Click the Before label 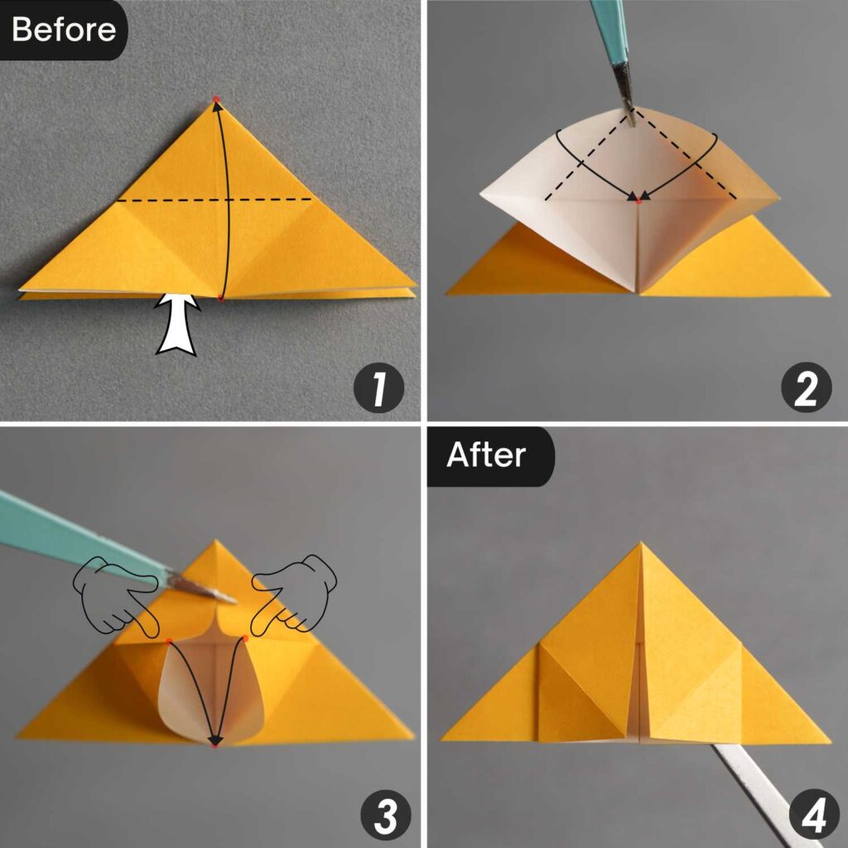tap(64, 29)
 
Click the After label tap(486, 455)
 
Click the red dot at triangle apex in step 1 tap(216, 99)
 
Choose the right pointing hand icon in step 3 tap(295, 590)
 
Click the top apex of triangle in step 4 tap(639, 545)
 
